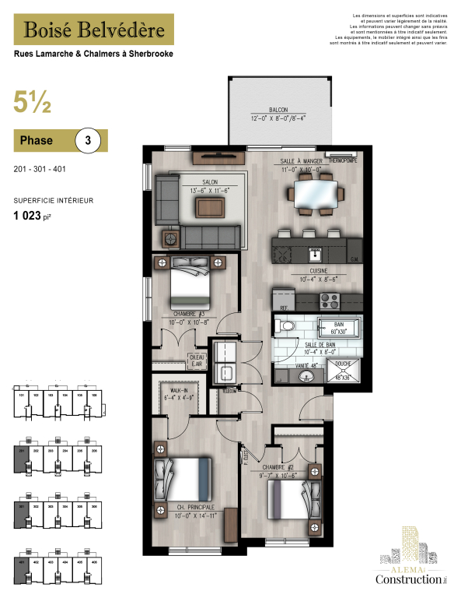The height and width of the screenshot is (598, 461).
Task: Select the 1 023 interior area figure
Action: click(x=32, y=216)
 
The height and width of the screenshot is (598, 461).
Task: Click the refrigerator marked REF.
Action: click(x=285, y=299)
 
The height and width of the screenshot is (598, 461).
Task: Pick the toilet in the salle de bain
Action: click(x=285, y=327)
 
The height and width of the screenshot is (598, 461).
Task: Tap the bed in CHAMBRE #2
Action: click(x=287, y=497)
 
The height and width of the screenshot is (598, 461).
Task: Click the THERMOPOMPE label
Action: click(x=340, y=160)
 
